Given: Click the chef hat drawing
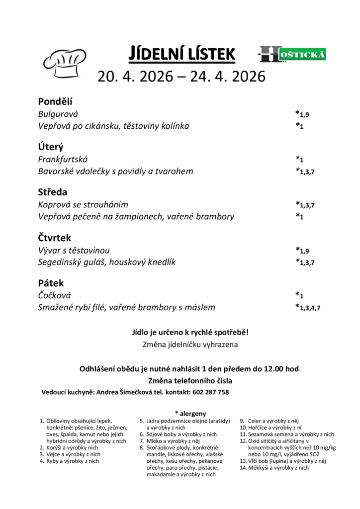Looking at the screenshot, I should (x=65, y=62).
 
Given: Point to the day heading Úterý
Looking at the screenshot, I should (x=51, y=147).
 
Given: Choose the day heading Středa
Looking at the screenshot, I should (x=53, y=192).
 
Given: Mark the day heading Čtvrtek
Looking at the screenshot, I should (x=55, y=238).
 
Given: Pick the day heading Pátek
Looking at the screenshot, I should (x=51, y=283).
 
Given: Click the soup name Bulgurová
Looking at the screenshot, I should (x=58, y=114).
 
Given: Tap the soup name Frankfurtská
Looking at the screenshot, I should (x=63, y=159).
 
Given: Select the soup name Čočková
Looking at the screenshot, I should (x=55, y=295).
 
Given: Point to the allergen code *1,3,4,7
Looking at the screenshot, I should (x=308, y=307).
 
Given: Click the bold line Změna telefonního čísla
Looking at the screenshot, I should (x=190, y=381).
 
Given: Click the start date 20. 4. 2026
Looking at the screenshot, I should (x=135, y=77).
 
